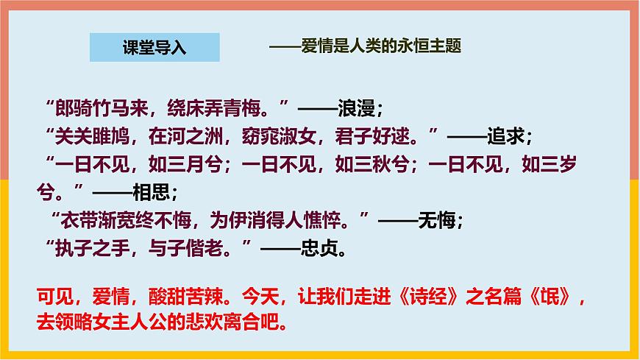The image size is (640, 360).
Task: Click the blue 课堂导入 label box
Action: click(154, 48)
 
